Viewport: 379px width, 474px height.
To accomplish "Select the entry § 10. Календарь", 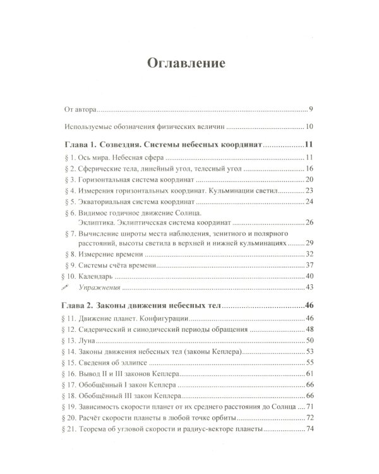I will [x=92, y=276].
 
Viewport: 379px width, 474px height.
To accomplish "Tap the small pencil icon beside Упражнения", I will [x=69, y=288].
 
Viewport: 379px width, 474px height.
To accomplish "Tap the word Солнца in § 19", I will [x=280, y=406].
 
